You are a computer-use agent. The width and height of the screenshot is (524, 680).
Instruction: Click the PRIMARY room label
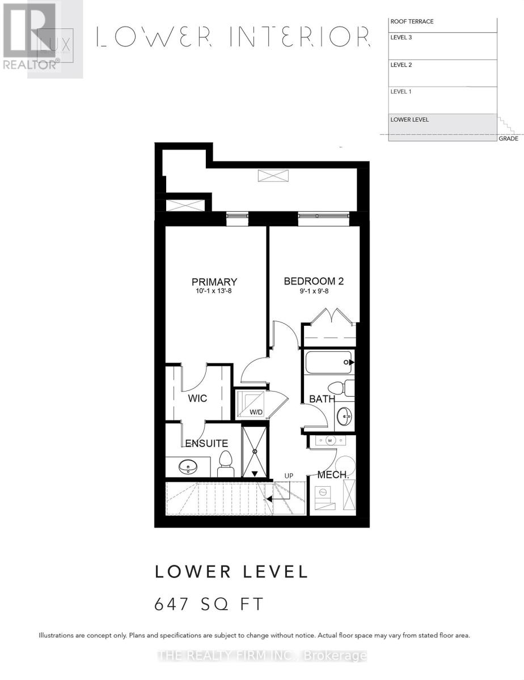tap(214, 282)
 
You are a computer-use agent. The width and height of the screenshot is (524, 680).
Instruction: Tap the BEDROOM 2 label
tap(314, 281)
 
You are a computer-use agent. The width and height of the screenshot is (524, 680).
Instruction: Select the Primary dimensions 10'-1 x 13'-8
tap(214, 292)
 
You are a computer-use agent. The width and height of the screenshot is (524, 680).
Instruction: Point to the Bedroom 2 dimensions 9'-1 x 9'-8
tap(314, 292)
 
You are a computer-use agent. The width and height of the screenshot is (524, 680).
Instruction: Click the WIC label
tap(198, 398)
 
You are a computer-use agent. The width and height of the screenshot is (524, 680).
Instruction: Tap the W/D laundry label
tap(256, 412)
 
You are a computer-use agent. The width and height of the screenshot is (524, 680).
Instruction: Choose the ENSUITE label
tap(205, 444)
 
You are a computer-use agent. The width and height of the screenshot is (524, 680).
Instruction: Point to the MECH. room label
tap(333, 475)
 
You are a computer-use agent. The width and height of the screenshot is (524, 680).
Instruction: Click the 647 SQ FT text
tap(209, 604)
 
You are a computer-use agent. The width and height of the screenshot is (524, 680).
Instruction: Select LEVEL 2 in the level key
tap(401, 65)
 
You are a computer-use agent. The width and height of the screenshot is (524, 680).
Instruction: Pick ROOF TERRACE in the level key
tap(412, 22)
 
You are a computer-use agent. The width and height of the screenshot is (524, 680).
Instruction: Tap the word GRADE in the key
tap(508, 139)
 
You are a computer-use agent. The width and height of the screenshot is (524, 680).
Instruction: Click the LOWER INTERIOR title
tap(233, 37)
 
